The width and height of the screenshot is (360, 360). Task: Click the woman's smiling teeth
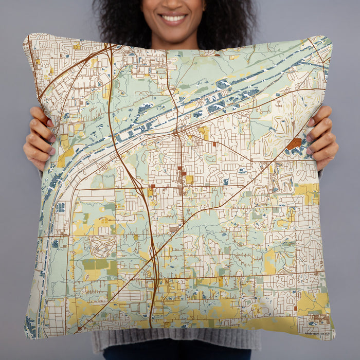click(x=174, y=19)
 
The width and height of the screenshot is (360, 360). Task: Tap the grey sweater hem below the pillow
click(x=175, y=342)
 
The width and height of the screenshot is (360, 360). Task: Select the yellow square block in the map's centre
click(x=189, y=179)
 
